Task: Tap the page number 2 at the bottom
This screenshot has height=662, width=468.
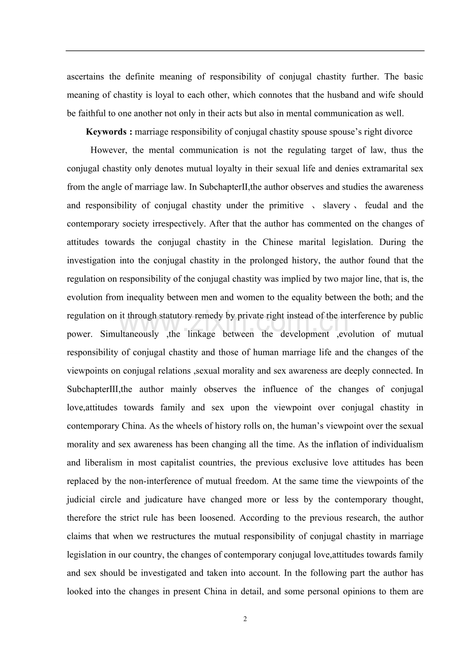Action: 245,619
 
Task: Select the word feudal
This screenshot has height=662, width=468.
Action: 376,205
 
